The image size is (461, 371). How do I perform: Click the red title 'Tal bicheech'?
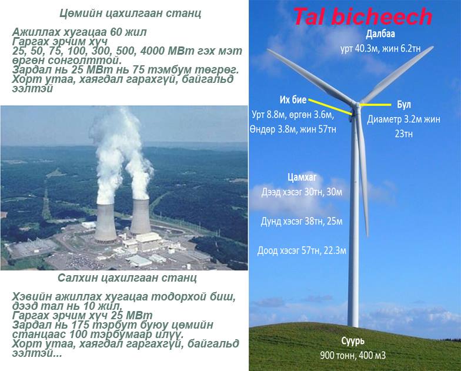pyautogui.click(x=363, y=16)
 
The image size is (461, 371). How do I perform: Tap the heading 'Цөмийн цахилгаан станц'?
pyautogui.click(x=131, y=14)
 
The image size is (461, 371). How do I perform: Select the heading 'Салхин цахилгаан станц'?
pyautogui.click(x=127, y=278)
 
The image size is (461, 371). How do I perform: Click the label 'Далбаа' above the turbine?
pyautogui.click(x=380, y=34)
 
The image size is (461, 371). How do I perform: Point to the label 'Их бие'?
pyautogui.click(x=293, y=100)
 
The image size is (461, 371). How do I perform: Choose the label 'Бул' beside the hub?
pyautogui.click(x=403, y=105)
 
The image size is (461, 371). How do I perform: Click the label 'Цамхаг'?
pyautogui.click(x=302, y=178)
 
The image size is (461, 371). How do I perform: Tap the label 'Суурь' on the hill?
pyautogui.click(x=353, y=341)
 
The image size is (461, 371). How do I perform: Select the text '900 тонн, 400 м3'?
pyautogui.click(x=353, y=355)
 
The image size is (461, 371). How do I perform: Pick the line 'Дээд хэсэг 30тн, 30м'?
pyautogui.click(x=302, y=192)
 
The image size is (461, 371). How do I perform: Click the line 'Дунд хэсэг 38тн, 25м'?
pyautogui.click(x=302, y=221)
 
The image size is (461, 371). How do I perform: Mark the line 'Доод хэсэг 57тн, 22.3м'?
pyautogui.click(x=302, y=250)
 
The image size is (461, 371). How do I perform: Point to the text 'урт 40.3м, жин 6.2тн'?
pyautogui.click(x=380, y=48)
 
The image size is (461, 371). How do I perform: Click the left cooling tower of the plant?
pyautogui.click(x=105, y=223)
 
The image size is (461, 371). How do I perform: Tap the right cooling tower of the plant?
pyautogui.click(x=141, y=217)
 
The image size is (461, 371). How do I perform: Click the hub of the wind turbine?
pyautogui.click(x=356, y=106)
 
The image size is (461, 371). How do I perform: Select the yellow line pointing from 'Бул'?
pyautogui.click(x=376, y=105)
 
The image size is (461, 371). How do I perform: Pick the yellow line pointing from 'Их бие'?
pyautogui.click(x=330, y=107)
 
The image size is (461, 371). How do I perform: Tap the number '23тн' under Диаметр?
pyautogui.click(x=403, y=134)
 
